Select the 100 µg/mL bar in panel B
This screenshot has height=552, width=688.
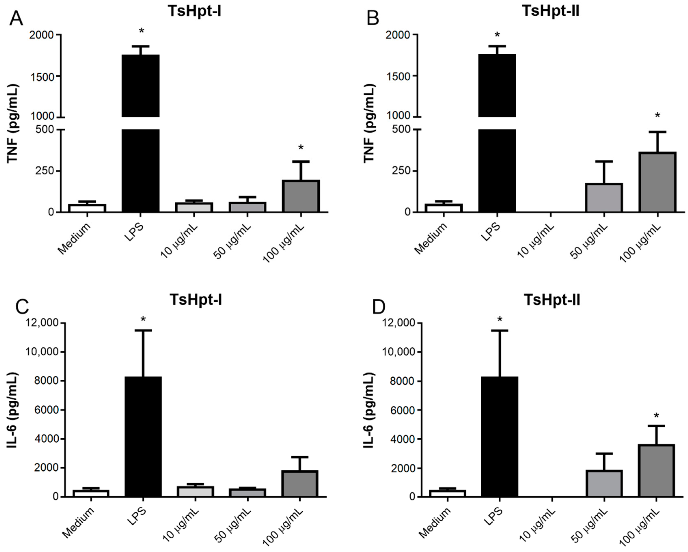(657, 182)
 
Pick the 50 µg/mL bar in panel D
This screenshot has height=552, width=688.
(604, 483)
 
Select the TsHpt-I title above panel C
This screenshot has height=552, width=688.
(196, 300)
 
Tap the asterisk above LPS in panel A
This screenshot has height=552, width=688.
(141, 31)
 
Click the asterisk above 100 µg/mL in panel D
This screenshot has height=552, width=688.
(656, 416)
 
